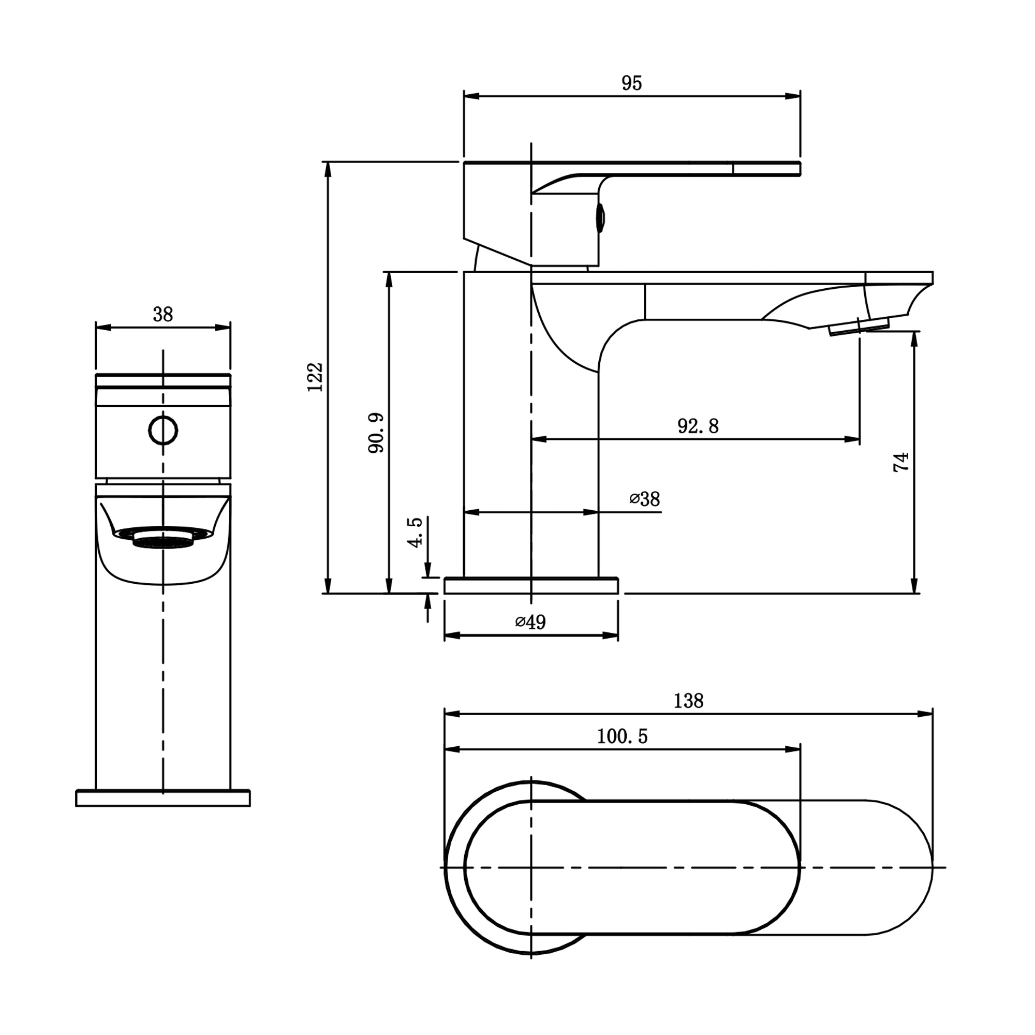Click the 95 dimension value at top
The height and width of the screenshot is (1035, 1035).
click(x=631, y=83)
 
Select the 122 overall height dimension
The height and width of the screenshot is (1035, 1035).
click(x=316, y=377)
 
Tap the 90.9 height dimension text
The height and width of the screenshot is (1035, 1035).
click(x=377, y=433)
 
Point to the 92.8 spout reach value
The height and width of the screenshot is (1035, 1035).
click(x=698, y=426)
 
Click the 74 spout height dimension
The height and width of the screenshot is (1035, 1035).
click(x=901, y=462)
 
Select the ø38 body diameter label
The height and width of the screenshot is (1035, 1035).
click(x=645, y=499)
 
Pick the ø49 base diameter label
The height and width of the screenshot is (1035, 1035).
click(x=530, y=622)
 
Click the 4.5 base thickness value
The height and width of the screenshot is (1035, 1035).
click(x=416, y=532)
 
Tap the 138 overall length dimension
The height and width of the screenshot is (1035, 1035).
click(x=688, y=701)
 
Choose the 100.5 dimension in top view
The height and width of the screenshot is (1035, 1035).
click(x=622, y=736)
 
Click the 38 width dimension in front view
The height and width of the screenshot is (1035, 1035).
click(x=163, y=315)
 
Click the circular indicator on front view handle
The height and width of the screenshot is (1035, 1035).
click(x=163, y=430)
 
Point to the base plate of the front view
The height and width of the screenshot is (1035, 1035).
click(x=163, y=797)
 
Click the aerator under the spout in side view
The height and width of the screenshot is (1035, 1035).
click(x=859, y=326)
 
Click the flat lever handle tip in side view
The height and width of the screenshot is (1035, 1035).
click(x=766, y=168)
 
